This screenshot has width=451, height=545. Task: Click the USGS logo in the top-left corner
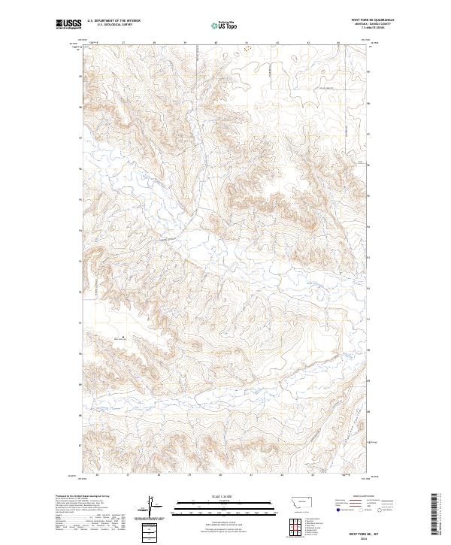[x=68, y=25]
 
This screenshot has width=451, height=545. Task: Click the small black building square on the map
[x=124, y=336]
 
